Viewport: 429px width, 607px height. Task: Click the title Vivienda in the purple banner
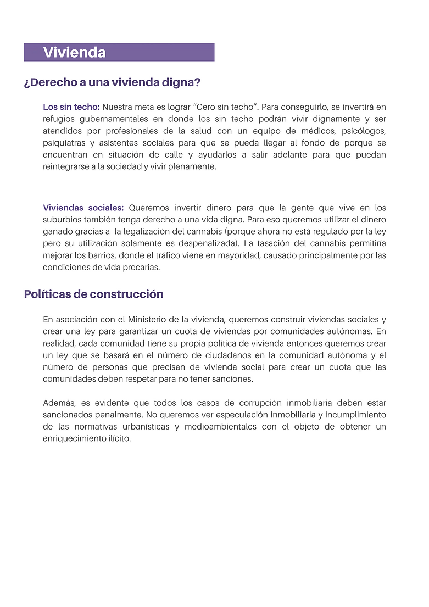point(74,53)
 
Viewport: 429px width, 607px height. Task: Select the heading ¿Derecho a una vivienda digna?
point(112,83)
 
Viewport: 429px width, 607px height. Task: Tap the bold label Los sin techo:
point(71,107)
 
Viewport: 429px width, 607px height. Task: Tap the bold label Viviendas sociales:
point(83,208)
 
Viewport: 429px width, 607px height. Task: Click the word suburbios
point(62,220)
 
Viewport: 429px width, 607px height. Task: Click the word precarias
point(141,267)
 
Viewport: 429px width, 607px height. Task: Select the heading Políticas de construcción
point(93,294)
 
